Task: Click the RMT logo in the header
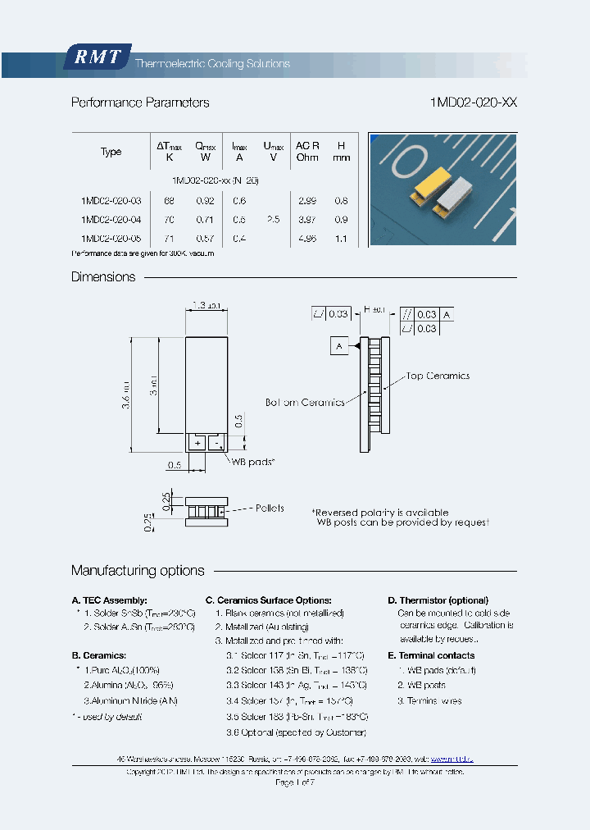click(98, 57)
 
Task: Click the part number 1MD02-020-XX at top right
click(473, 103)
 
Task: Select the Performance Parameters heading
click(140, 103)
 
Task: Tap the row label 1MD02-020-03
click(111, 201)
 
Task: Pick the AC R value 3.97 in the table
click(307, 220)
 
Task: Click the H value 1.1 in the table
click(342, 239)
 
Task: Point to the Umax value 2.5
click(273, 220)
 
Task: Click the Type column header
click(111, 152)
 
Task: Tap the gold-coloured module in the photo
click(432, 186)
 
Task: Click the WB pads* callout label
click(253, 462)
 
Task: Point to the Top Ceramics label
click(438, 376)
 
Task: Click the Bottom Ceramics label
click(304, 403)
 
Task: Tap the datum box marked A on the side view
click(338, 347)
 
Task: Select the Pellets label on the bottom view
click(270, 508)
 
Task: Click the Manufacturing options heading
click(138, 571)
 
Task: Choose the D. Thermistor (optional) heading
click(438, 600)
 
